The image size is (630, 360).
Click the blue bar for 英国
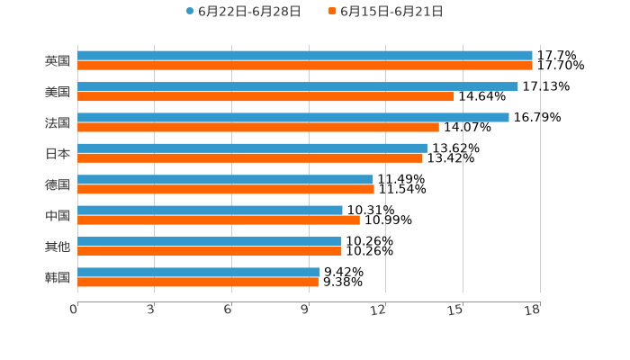coord(304,56)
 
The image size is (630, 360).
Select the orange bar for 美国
coord(265,96)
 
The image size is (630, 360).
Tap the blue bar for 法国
coord(292,117)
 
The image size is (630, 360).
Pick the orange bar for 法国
coord(258,127)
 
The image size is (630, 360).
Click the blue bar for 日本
coord(252,148)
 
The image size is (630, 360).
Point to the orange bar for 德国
coord(225,189)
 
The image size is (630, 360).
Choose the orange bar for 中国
coord(218,220)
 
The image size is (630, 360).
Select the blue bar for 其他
coord(209,241)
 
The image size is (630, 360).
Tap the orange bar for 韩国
coord(198,282)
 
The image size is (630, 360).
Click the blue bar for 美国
coord(297,86)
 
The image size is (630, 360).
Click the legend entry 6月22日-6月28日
coord(243,12)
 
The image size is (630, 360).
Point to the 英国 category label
coord(58,61)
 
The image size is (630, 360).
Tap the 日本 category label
coord(58,153)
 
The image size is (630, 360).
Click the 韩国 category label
coord(58,277)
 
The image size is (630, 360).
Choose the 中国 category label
coord(58,215)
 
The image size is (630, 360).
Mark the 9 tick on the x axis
coord(306,310)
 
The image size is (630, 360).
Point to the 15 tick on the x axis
coord(456,310)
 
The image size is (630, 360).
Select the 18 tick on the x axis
coord(533,310)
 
